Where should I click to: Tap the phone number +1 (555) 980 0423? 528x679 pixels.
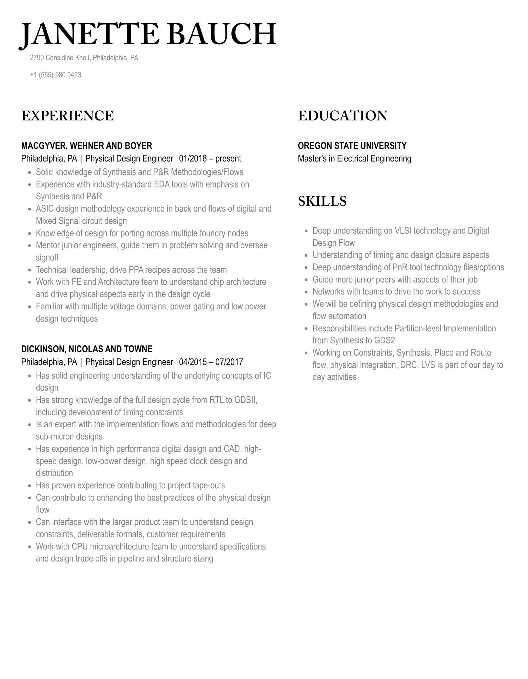coord(55,75)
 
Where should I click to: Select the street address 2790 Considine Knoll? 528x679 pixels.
coord(60,58)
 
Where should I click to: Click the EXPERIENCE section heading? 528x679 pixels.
coord(67,116)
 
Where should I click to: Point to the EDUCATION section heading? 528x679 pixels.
coord(342,116)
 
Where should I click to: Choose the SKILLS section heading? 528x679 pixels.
coord(322,201)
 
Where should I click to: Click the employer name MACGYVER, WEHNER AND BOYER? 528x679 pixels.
coord(86,146)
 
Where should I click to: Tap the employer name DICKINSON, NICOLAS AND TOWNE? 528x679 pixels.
coord(86,349)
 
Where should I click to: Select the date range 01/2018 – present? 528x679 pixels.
coord(210,159)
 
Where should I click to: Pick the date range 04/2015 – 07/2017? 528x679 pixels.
coord(211,362)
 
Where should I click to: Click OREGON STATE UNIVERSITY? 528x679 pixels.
coord(352,146)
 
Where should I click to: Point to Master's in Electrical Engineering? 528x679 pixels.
coord(354,159)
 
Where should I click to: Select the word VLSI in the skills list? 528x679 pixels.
coord(403,231)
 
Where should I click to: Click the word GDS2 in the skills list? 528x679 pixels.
coord(386,340)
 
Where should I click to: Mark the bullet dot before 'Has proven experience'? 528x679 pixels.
coord(29,486)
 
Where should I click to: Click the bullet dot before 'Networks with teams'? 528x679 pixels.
coord(306,292)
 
